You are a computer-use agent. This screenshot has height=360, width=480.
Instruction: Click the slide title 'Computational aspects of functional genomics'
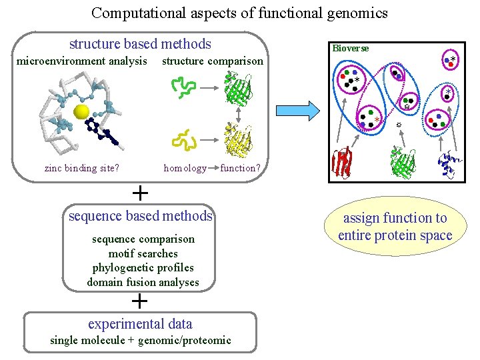239,13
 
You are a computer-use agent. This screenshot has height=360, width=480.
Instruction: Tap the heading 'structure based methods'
140,45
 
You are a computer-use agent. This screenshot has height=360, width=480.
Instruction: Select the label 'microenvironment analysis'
82,61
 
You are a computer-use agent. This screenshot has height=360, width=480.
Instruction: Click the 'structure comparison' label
213,61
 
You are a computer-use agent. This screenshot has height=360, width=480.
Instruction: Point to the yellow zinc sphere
82,112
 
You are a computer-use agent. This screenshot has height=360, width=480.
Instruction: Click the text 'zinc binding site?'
82,168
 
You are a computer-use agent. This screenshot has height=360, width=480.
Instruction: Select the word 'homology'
185,168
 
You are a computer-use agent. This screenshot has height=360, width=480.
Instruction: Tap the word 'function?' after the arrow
239,168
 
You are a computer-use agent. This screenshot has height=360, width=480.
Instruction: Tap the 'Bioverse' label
350,48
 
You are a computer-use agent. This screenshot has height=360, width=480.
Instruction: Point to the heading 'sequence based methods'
141,216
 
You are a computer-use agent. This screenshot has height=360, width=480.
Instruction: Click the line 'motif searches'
143,253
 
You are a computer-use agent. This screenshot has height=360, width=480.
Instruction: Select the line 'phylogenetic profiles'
143,268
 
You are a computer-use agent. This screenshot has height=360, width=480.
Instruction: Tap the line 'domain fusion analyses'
143,282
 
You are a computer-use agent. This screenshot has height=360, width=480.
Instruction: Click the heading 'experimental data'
140,324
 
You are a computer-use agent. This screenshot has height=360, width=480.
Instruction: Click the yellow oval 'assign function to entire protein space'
395,227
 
